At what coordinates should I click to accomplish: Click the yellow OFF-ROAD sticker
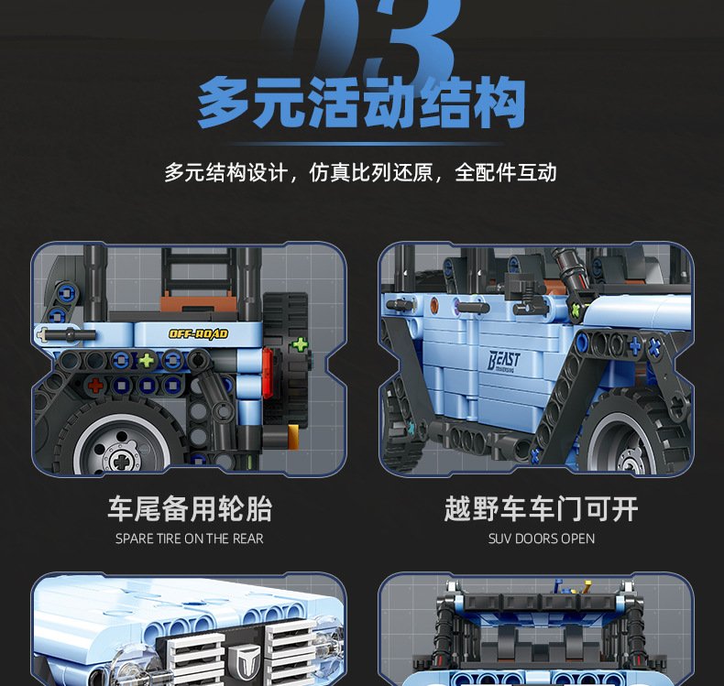(x=198, y=333)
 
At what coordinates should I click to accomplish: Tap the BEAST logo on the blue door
(x=504, y=361)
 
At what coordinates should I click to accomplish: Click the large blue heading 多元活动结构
(x=361, y=103)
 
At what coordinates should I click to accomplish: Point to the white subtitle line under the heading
(x=360, y=172)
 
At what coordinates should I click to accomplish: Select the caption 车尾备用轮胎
(x=190, y=509)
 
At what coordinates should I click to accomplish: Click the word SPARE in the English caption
(x=134, y=539)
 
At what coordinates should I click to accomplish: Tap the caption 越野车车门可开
(x=541, y=509)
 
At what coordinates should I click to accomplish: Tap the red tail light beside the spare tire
(x=268, y=372)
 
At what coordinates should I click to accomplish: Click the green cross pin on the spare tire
(x=300, y=344)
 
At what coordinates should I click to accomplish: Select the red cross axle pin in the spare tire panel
(x=95, y=385)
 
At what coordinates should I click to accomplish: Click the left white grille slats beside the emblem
(x=194, y=659)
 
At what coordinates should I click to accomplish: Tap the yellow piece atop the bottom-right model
(x=587, y=586)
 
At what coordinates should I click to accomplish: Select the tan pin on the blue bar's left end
(x=42, y=333)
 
